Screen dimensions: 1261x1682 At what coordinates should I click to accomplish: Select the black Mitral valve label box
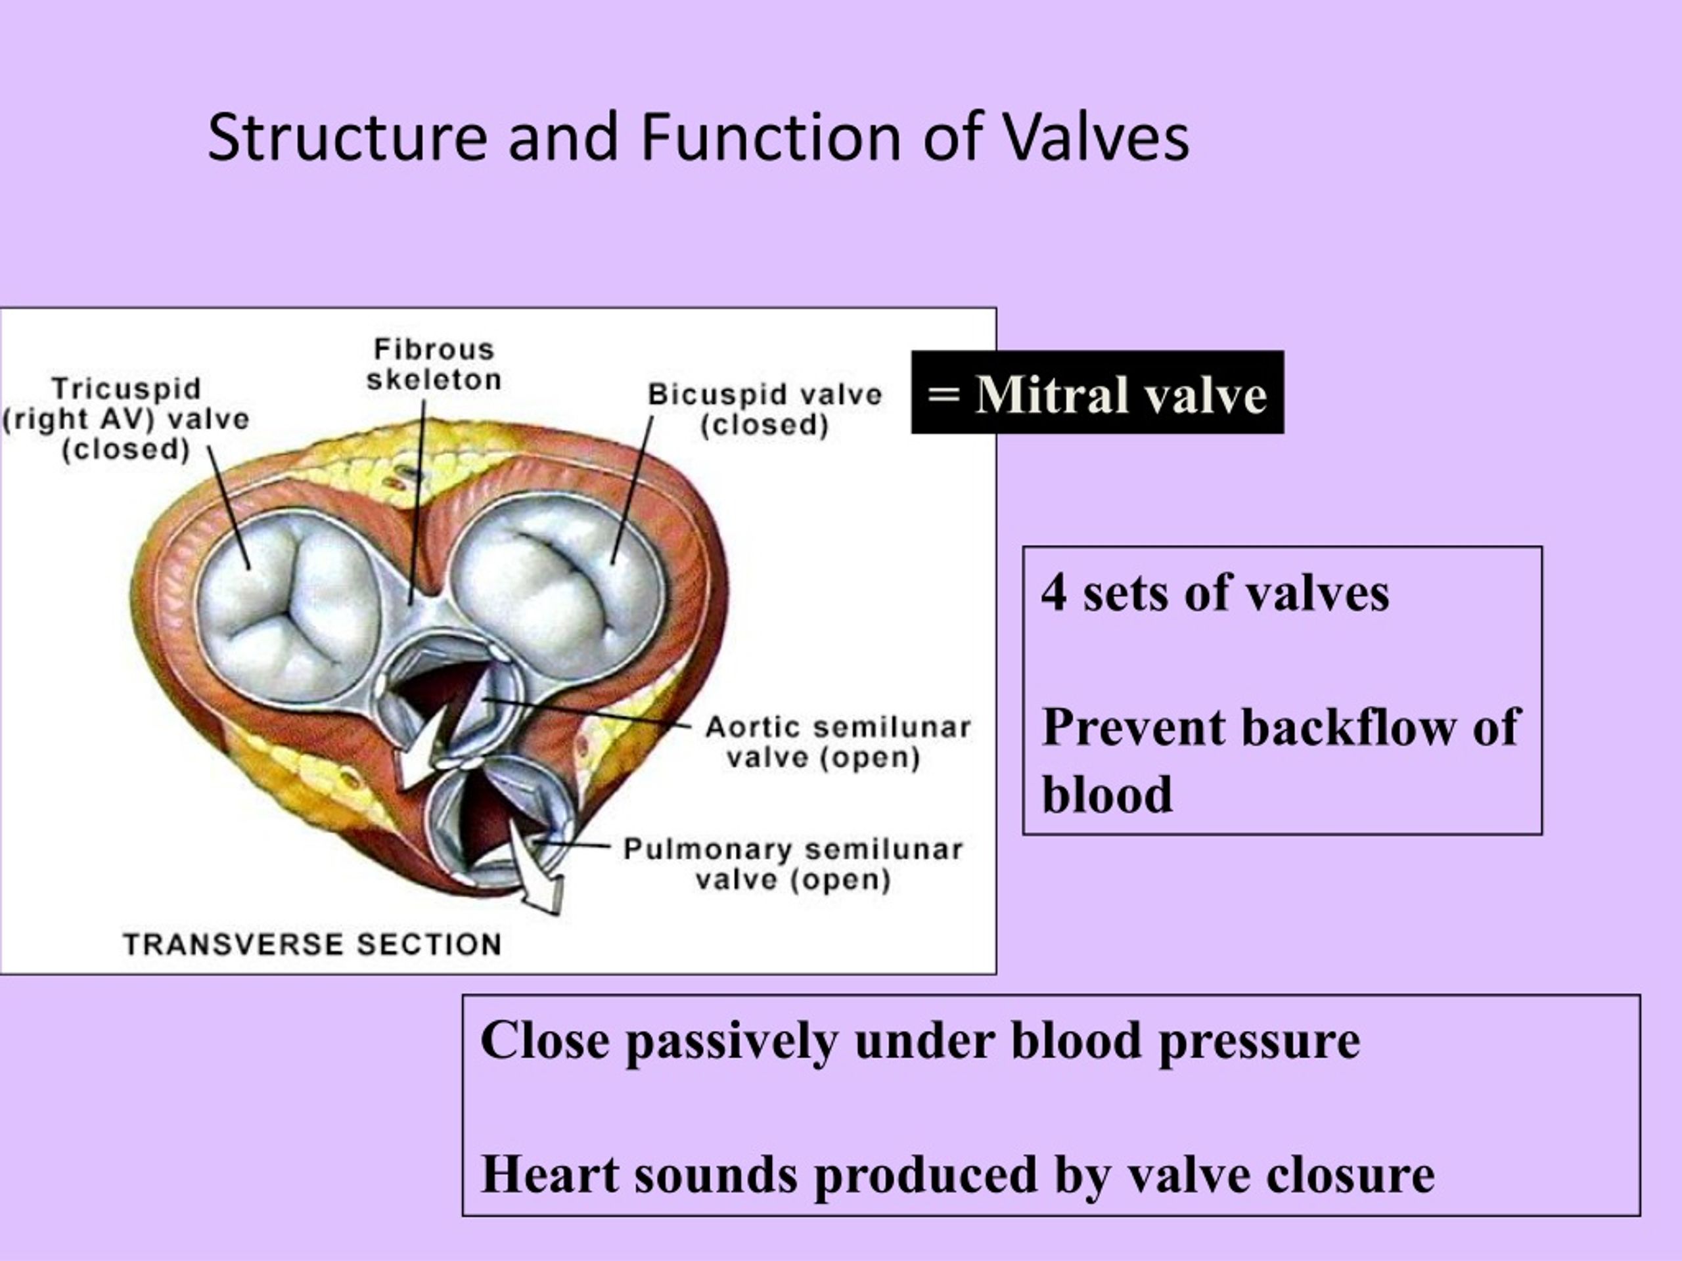[x=1097, y=393]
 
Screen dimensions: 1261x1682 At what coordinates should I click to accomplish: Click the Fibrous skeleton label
[x=434, y=365]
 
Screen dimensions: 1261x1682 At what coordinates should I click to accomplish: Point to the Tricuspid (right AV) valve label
[x=126, y=419]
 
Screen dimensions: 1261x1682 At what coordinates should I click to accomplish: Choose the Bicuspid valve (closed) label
[x=764, y=410]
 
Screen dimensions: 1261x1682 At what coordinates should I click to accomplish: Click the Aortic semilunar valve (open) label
[x=837, y=743]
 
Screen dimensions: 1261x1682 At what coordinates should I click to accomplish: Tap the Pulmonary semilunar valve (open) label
[x=792, y=864]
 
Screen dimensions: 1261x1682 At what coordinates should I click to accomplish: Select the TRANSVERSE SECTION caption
[x=312, y=945]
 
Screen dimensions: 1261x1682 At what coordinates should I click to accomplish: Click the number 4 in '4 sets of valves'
[x=1053, y=593]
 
